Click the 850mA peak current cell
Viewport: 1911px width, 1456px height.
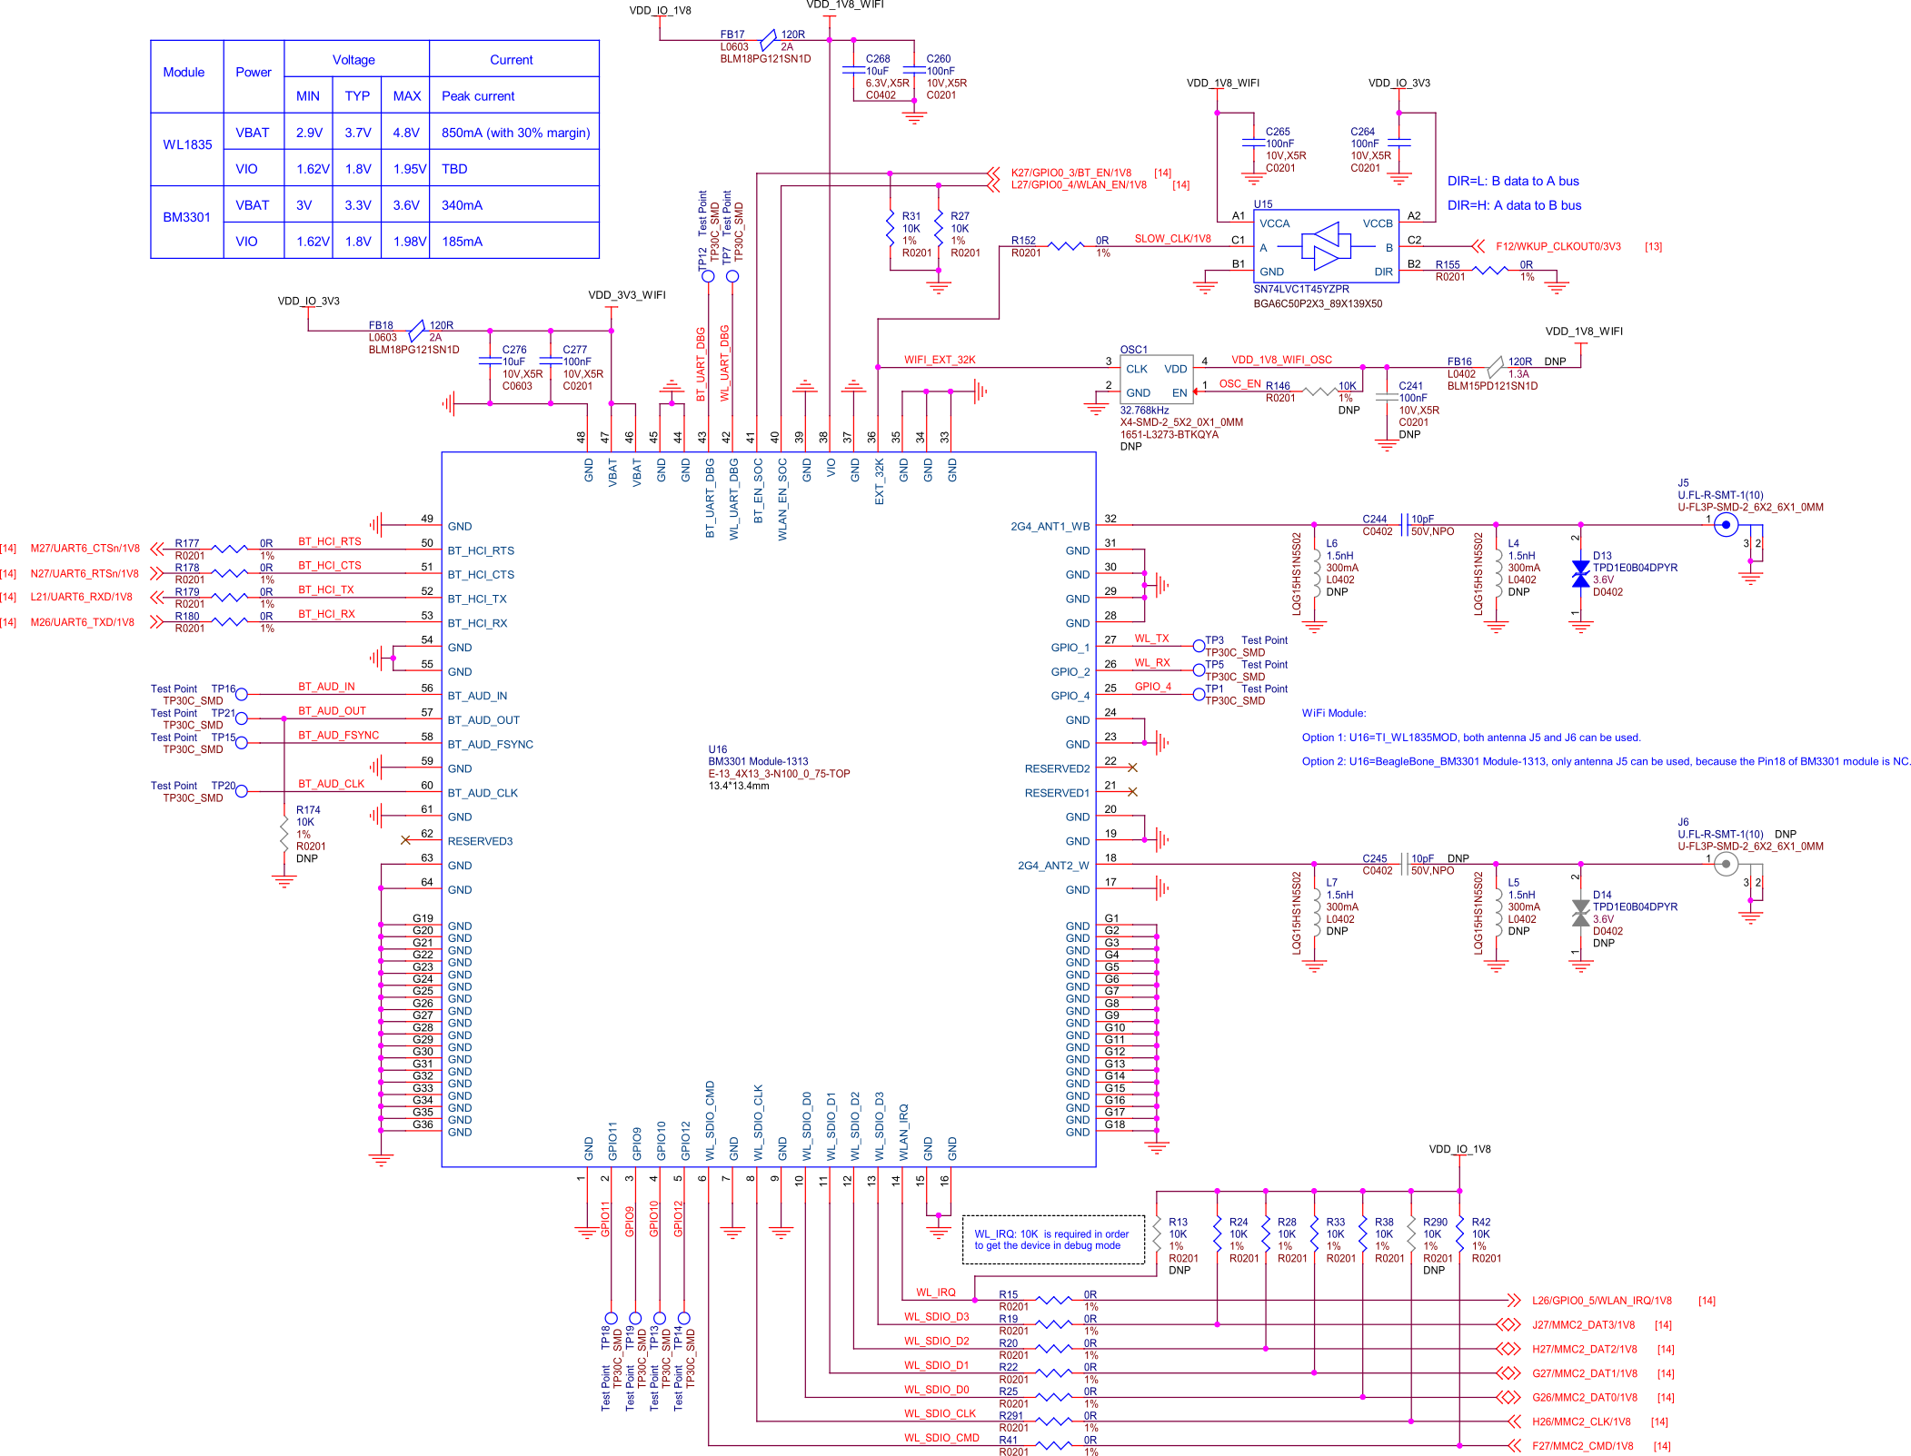(514, 133)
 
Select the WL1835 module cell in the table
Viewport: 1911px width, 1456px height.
(187, 145)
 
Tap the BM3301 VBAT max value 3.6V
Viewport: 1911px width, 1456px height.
(406, 205)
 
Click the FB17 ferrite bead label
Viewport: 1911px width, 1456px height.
(732, 35)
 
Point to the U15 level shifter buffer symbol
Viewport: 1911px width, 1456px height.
(1326, 246)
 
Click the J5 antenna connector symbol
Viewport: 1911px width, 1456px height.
(1726, 525)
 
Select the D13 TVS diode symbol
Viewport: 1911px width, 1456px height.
(1580, 574)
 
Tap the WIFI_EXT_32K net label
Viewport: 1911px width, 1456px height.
(940, 361)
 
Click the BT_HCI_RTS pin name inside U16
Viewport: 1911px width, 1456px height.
(481, 551)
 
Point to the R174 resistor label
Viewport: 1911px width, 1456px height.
(308, 810)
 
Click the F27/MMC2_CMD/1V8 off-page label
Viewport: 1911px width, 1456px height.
(1582, 1446)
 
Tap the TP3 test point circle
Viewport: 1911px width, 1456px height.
(1199, 646)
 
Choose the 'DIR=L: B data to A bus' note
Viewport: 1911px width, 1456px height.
(1513, 182)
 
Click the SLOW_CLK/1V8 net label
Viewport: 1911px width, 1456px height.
(1172, 239)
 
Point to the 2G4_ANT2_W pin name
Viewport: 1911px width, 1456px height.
(1053, 867)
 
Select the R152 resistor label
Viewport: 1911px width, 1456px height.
(1023, 241)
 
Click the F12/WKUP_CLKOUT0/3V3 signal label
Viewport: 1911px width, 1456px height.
(1558, 246)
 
